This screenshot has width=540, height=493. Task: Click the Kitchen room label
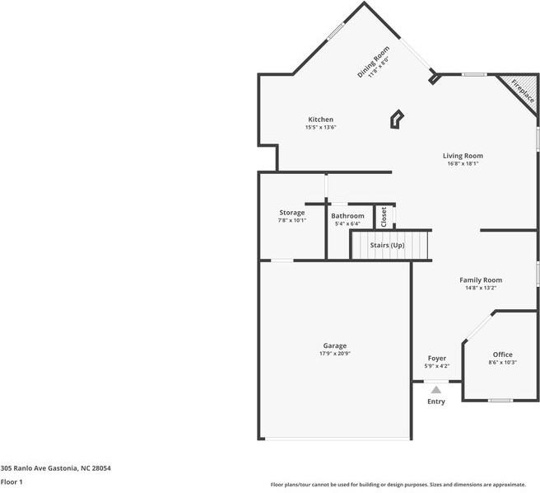tap(320, 120)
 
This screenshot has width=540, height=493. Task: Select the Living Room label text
tap(463, 155)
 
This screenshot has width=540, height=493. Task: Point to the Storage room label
tap(291, 213)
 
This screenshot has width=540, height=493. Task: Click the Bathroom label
tap(347, 216)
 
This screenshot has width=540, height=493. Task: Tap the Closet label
tap(384, 217)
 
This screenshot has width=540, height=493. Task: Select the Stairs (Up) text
tap(387, 246)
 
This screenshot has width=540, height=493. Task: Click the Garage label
tap(334, 345)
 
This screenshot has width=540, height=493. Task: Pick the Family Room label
tap(480, 280)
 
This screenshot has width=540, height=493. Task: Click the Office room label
tap(502, 354)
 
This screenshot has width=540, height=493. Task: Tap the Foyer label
tap(436, 359)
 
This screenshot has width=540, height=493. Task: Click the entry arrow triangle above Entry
tap(436, 389)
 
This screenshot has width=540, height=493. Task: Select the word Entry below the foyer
tap(436, 401)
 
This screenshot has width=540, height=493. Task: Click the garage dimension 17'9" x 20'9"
tap(334, 354)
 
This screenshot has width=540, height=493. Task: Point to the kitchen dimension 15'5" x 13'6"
tap(320, 128)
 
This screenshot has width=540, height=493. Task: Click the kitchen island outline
tap(396, 120)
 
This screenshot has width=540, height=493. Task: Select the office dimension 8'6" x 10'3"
tap(502, 363)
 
